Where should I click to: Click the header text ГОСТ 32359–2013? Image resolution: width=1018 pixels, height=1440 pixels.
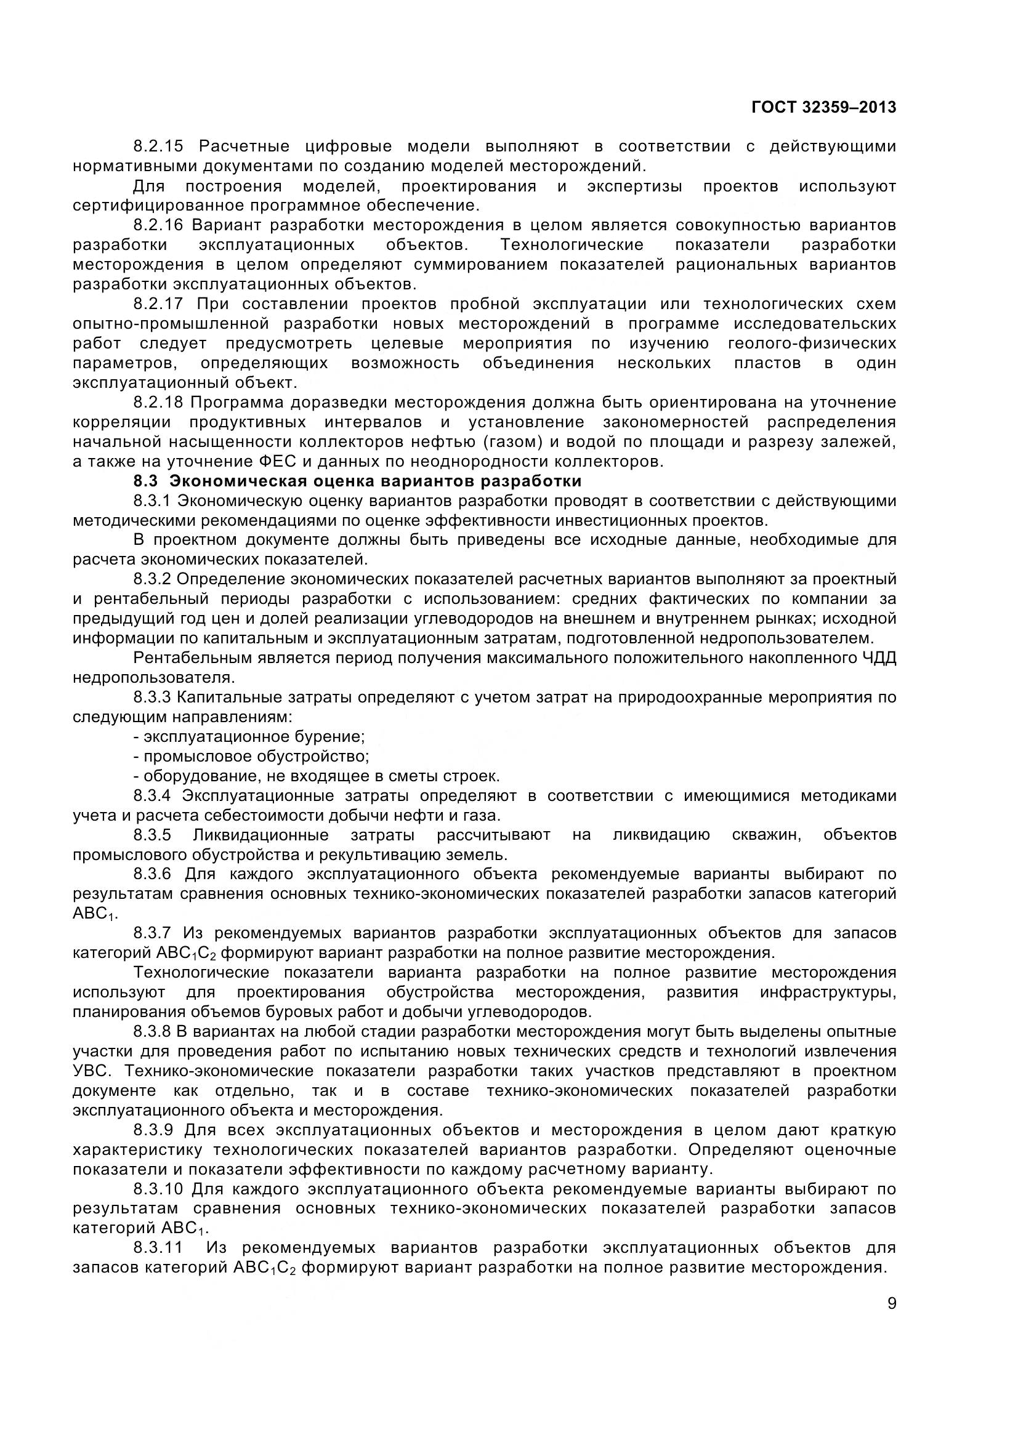823,108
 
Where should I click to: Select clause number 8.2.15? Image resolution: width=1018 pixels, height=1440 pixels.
158,147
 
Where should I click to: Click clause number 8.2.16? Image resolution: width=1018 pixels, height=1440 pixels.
158,225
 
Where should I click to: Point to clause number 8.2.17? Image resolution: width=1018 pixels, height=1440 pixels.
158,304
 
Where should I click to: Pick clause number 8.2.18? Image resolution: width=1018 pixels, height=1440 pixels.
158,403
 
